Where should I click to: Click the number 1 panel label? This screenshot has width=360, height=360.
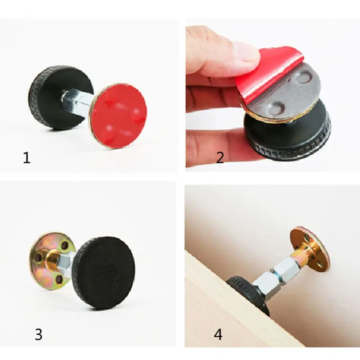[x=27, y=158]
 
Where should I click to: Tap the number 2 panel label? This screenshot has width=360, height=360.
[x=220, y=158]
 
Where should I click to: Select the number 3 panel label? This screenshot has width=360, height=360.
[x=39, y=334]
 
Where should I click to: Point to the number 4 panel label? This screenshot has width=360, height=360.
[x=218, y=334]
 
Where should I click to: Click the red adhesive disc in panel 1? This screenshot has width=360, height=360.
[x=119, y=115]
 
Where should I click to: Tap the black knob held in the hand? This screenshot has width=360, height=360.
[x=288, y=135]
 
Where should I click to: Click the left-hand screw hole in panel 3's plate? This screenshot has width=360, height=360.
[x=37, y=259]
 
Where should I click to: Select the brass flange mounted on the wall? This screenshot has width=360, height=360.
[x=310, y=248]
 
